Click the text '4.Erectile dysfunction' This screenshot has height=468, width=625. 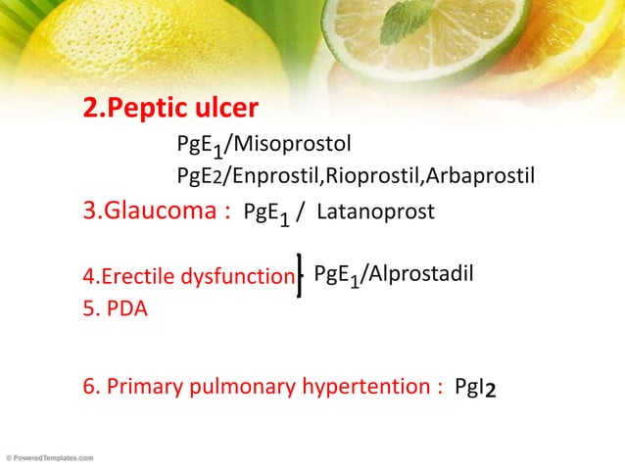tap(187, 277)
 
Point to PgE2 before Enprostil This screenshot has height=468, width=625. tap(202, 176)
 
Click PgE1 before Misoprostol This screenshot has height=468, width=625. tap(201, 147)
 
